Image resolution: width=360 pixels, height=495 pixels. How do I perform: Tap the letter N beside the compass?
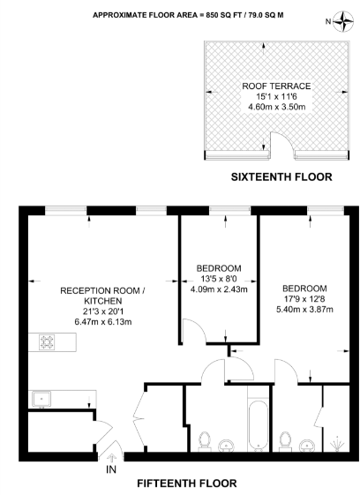[326, 21]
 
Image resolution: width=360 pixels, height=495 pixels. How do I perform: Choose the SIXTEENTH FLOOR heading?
[281, 177]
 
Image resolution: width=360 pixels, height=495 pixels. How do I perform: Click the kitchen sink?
[41, 399]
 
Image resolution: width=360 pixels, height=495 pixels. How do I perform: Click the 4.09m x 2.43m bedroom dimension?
[220, 289]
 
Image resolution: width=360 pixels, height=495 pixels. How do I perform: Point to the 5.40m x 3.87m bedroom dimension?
[305, 310]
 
